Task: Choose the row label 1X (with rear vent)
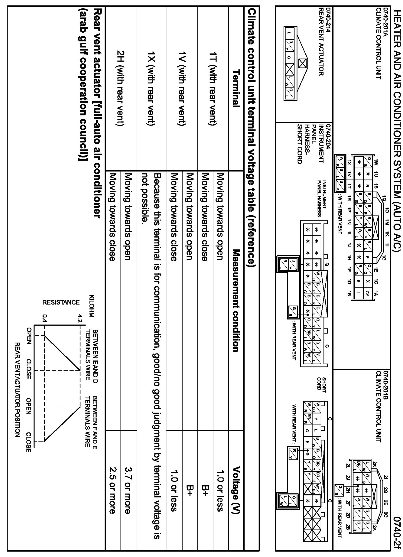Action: point(152,88)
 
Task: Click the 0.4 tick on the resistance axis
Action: point(45,318)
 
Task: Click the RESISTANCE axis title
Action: point(61,302)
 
